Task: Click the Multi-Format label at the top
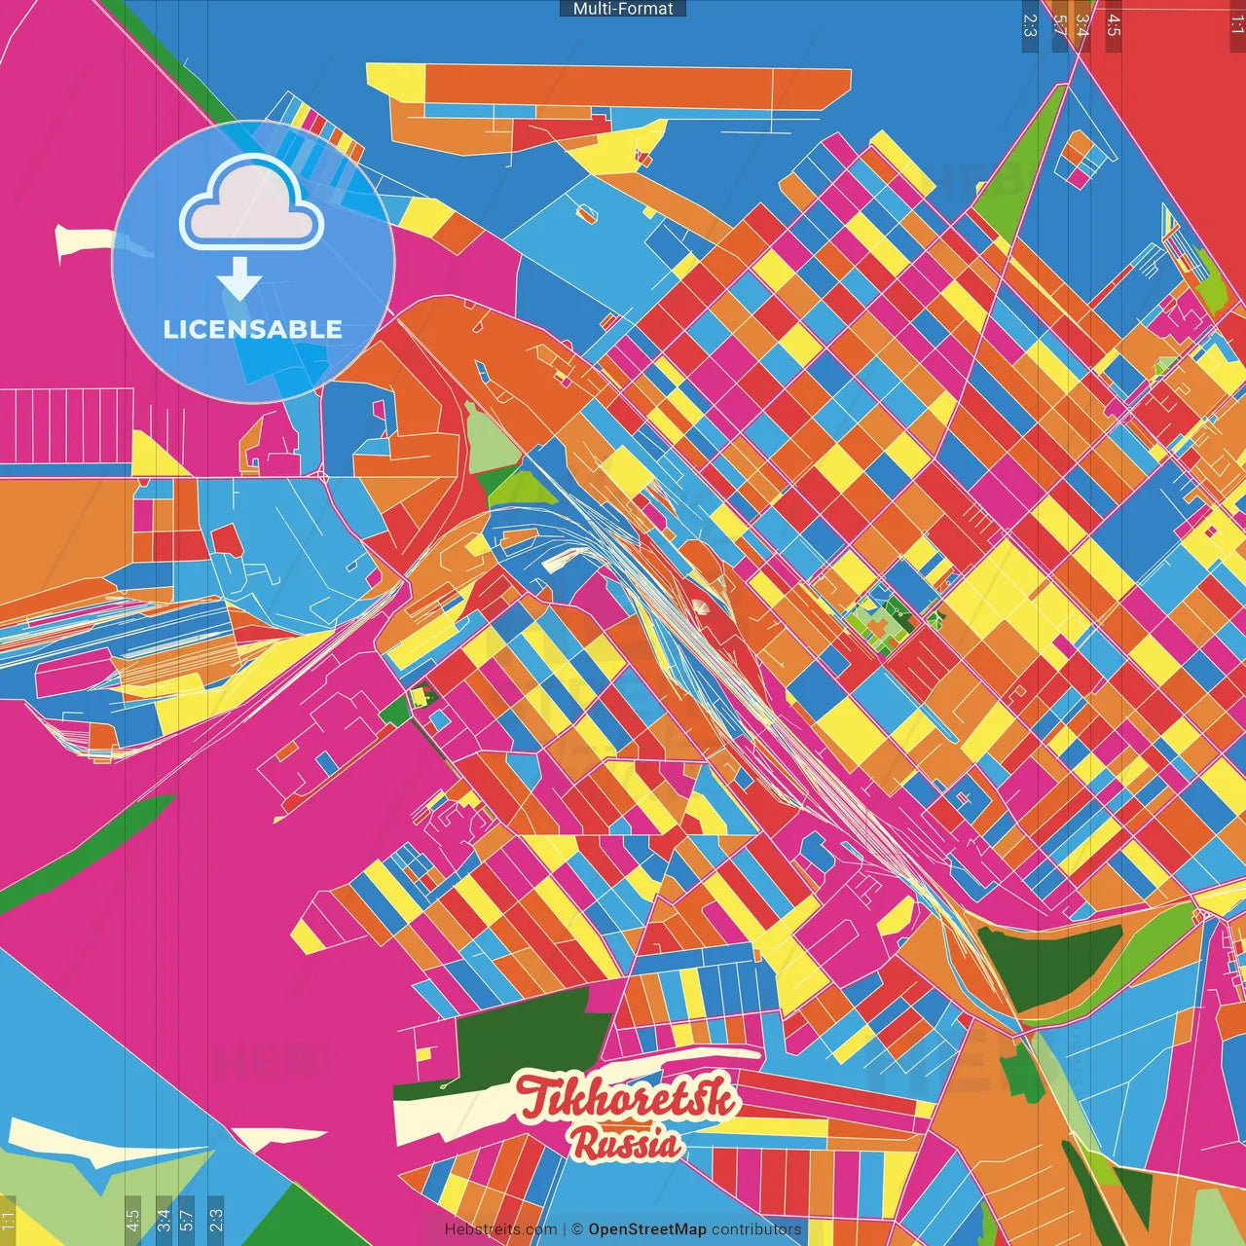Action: click(x=623, y=9)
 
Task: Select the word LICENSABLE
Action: click(x=253, y=329)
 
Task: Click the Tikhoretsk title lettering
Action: click(x=626, y=1098)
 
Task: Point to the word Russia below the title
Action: click(x=626, y=1144)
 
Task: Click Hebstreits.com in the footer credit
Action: click(x=500, y=1229)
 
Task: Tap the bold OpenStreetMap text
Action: click(x=647, y=1229)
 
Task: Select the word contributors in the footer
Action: click(x=756, y=1229)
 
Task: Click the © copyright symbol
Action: click(x=576, y=1229)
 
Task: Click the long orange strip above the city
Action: click(x=633, y=86)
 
